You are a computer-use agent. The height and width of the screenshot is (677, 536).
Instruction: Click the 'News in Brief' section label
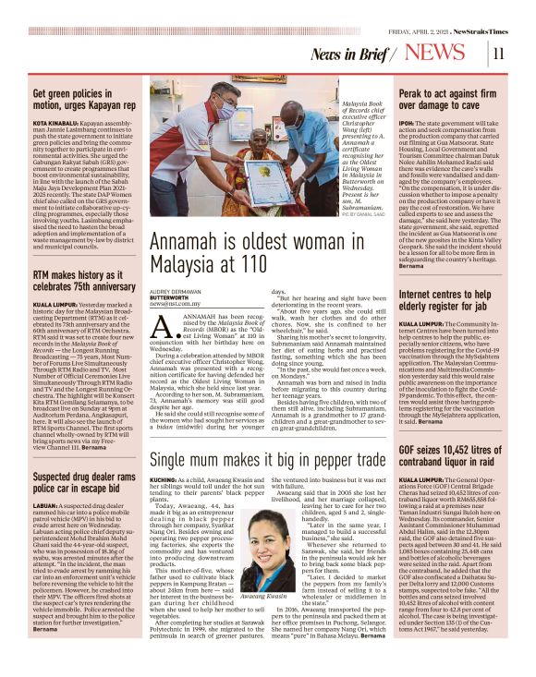pos(351,54)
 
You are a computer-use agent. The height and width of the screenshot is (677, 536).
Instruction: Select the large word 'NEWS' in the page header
pos(435,53)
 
